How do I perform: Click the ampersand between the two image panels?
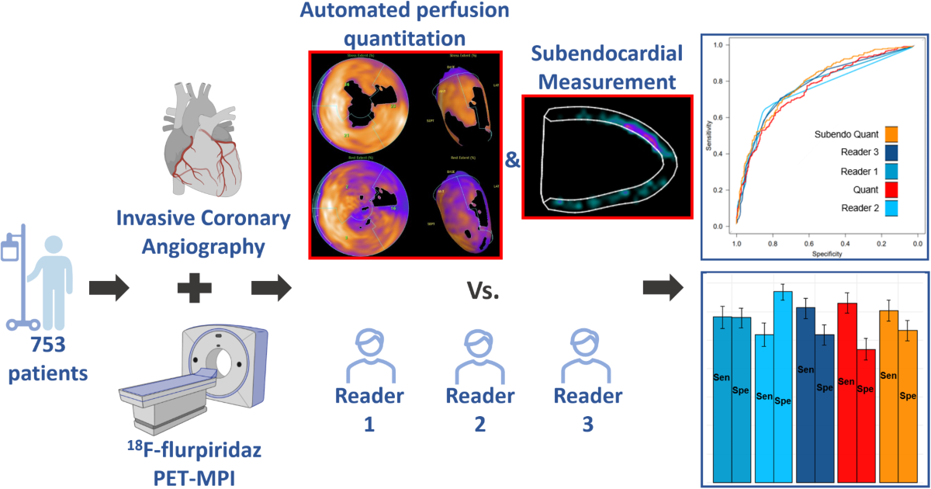[x=512, y=160]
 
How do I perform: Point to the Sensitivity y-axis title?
[x=708, y=137]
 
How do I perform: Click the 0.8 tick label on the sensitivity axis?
[x=723, y=81]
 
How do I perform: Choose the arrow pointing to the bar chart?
[x=663, y=289]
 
